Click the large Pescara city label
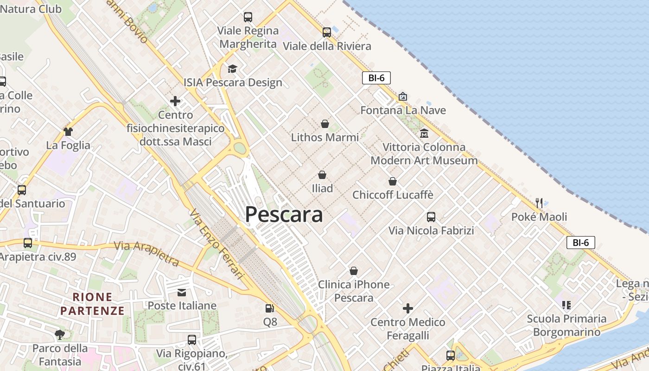[284, 215]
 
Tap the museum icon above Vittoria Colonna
[424, 134]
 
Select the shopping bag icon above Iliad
[322, 175]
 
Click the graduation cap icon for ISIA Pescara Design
[232, 69]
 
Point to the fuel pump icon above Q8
[269, 308]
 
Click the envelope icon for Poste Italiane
[182, 292]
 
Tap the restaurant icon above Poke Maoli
[539, 203]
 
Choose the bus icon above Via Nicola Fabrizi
[431, 217]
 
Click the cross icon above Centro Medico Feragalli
[408, 308]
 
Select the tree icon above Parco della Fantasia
[60, 334]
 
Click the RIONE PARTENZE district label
[93, 304]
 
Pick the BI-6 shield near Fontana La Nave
[376, 78]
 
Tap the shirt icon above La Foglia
[68, 132]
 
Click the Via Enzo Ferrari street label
[216, 243]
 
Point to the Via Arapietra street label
[146, 254]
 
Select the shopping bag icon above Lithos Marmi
[325, 124]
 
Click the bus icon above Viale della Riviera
[327, 32]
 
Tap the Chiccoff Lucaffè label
[393, 195]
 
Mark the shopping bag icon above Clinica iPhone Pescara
[354, 271]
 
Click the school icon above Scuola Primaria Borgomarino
[566, 305]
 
